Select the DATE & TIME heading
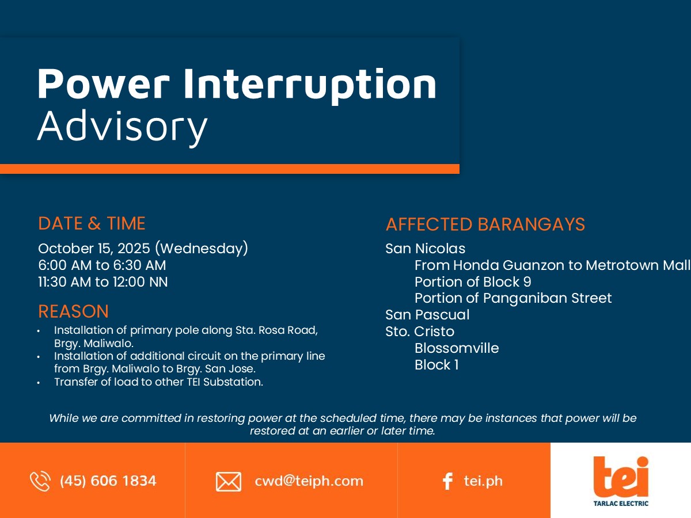coord(92,223)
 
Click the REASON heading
coord(73,311)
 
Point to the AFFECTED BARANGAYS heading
coord(485,224)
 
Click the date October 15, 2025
coord(94,249)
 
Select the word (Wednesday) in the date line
coord(202,248)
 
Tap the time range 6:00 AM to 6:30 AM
coord(102,265)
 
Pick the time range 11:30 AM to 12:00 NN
coord(103,282)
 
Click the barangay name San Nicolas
coord(426,249)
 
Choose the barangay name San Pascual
coord(427,314)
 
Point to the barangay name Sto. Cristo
coord(420,332)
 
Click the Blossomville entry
coord(457,348)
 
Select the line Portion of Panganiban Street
coord(513,298)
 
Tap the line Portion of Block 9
coord(473,282)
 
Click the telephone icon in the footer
coord(40,481)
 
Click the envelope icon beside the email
coord(229,482)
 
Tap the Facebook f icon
coord(447,481)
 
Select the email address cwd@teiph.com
coord(309,481)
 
